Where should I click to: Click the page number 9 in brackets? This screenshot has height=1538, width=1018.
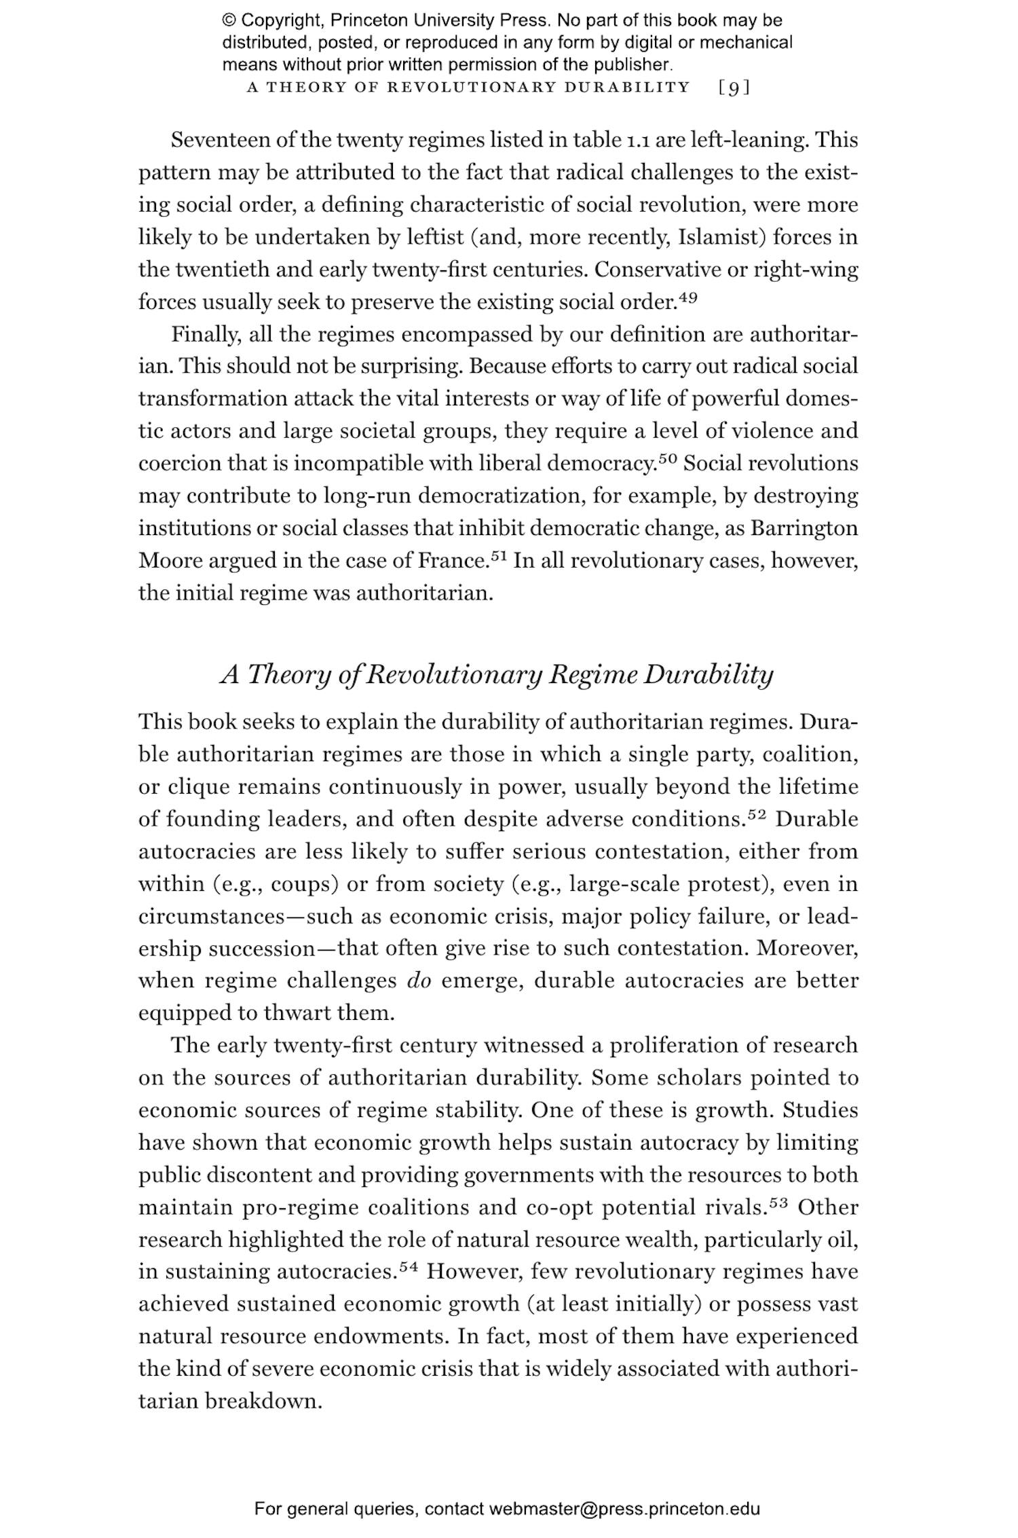(734, 88)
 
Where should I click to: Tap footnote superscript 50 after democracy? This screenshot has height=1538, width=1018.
(668, 458)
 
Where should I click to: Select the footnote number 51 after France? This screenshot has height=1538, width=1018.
(499, 555)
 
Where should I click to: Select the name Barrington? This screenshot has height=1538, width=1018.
(804, 528)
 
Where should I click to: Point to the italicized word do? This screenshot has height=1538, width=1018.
(419, 981)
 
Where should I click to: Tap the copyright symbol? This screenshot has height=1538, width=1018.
(228, 20)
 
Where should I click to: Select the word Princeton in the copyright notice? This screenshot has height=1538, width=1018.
(370, 20)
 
